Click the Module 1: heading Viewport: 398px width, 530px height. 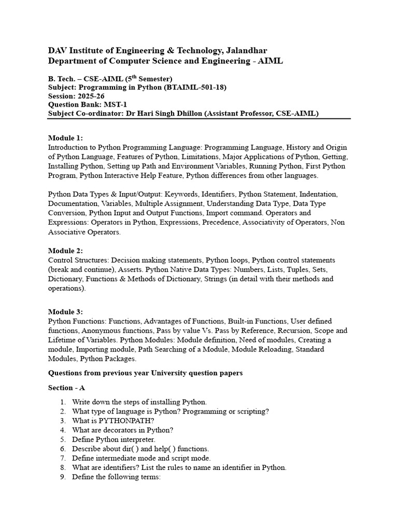coord(65,138)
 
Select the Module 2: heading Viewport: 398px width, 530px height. coord(65,251)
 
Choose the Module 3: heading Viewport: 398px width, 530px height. coord(65,312)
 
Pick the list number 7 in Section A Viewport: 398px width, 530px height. coord(63,458)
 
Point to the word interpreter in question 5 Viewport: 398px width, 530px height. coord(133,439)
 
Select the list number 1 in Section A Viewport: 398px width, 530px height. coord(63,402)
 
